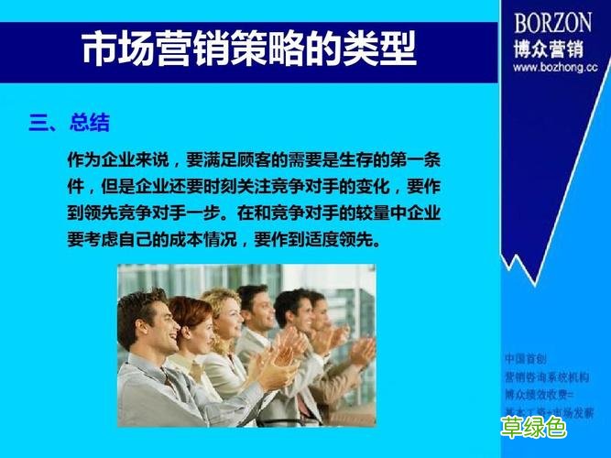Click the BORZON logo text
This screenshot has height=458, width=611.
552,22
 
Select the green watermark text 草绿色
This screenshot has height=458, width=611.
533,426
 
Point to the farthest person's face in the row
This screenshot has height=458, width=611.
316,307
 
